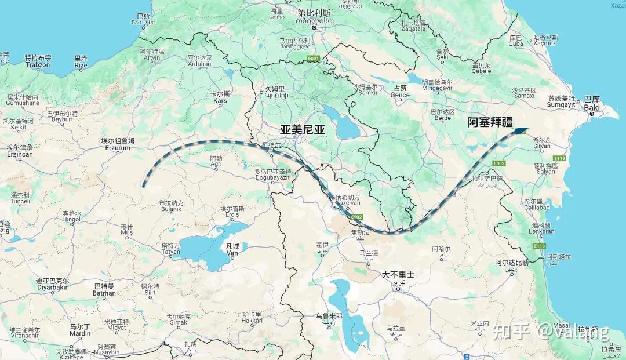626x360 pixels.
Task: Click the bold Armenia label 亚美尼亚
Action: point(303,130)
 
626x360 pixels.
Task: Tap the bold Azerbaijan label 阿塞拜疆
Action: point(490,122)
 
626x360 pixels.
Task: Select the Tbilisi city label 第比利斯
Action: point(315,12)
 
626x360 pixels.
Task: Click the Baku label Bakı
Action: point(592,108)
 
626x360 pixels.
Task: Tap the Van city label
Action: point(232,253)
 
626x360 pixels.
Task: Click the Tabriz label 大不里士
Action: point(398,275)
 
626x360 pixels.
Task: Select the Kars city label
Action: point(220,101)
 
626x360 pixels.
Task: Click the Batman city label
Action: point(104,293)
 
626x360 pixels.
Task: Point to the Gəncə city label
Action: point(400,95)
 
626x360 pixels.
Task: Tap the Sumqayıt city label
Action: point(561,105)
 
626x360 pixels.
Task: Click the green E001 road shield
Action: point(314,59)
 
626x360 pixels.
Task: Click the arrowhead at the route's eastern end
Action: point(520,132)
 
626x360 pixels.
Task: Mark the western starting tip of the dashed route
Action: point(143,186)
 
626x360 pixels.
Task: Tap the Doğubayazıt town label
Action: point(272,179)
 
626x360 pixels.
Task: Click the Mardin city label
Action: point(80,333)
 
